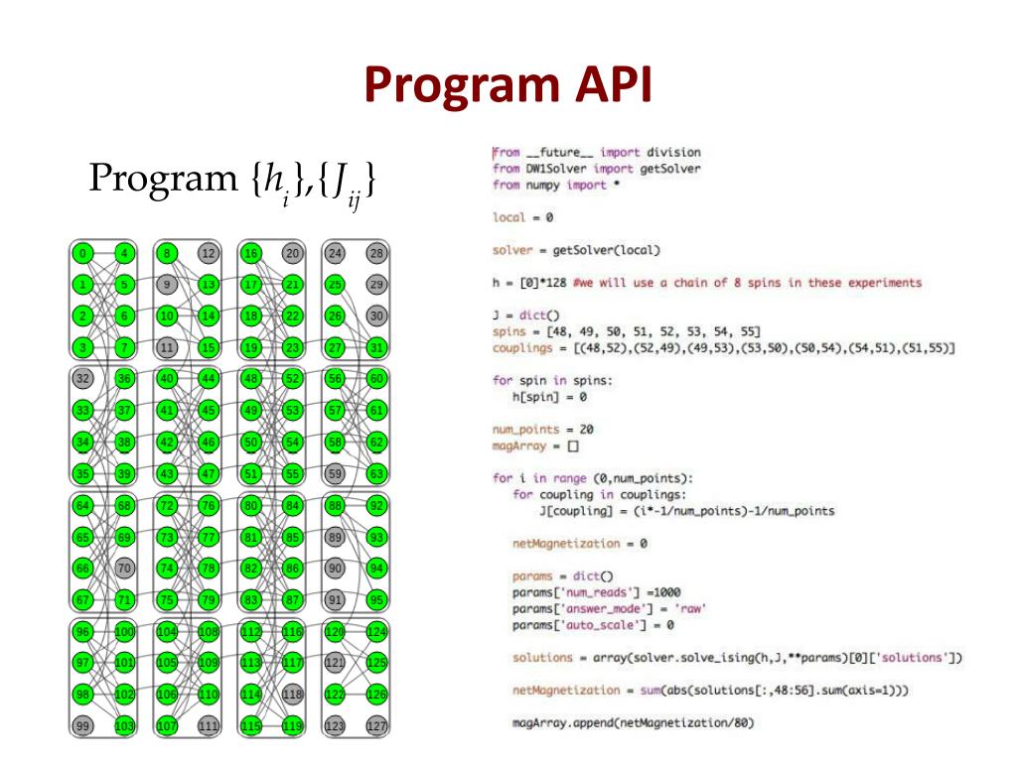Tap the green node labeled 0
click(x=82, y=254)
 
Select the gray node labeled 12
click(x=208, y=254)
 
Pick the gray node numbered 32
click(x=82, y=378)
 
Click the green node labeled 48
click(x=250, y=378)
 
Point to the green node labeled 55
click(x=292, y=473)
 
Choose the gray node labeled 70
click(x=124, y=569)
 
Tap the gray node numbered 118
click(x=292, y=695)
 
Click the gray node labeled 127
click(x=376, y=726)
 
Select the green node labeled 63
click(x=376, y=473)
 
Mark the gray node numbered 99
click(x=82, y=726)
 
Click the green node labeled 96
click(x=82, y=631)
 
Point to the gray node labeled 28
click(x=376, y=254)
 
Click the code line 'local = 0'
click(x=522, y=216)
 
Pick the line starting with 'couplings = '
click(x=723, y=348)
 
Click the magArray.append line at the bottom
click(x=633, y=722)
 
